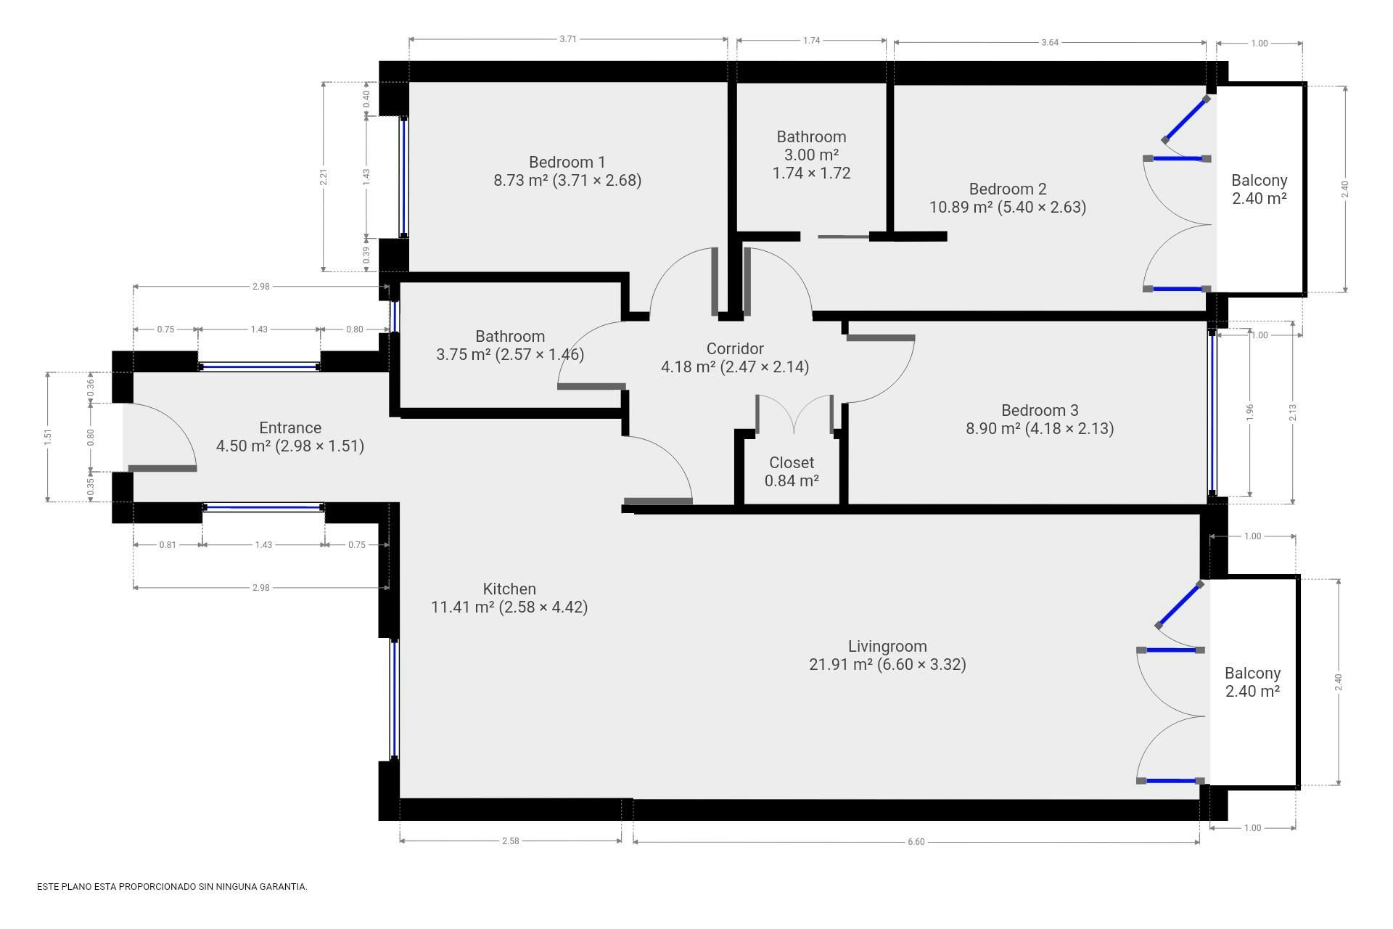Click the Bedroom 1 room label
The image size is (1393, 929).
pos(567,162)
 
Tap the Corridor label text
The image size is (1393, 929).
pos(735,348)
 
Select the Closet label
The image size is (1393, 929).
pos(792,462)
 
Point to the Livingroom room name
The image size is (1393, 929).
pos(887,646)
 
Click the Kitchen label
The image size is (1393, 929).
pos(509,589)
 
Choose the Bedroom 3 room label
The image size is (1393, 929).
pos(1040,410)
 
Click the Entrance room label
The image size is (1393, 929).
pos(290,427)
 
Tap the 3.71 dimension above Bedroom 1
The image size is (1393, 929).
pos(568,39)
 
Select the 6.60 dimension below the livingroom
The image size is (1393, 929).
pos(916,842)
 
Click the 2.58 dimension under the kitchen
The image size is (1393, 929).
pos(511,841)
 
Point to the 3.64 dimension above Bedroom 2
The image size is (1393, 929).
pos(1050,42)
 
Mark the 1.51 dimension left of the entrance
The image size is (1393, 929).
pos(48,437)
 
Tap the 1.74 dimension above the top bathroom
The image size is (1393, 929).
pos(811,41)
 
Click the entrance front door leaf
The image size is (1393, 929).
pos(163,468)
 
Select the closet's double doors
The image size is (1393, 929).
pos(794,414)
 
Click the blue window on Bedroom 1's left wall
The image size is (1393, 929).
pos(403,177)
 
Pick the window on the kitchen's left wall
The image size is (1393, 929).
pos(395,699)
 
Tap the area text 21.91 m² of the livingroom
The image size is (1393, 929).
pos(841,664)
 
